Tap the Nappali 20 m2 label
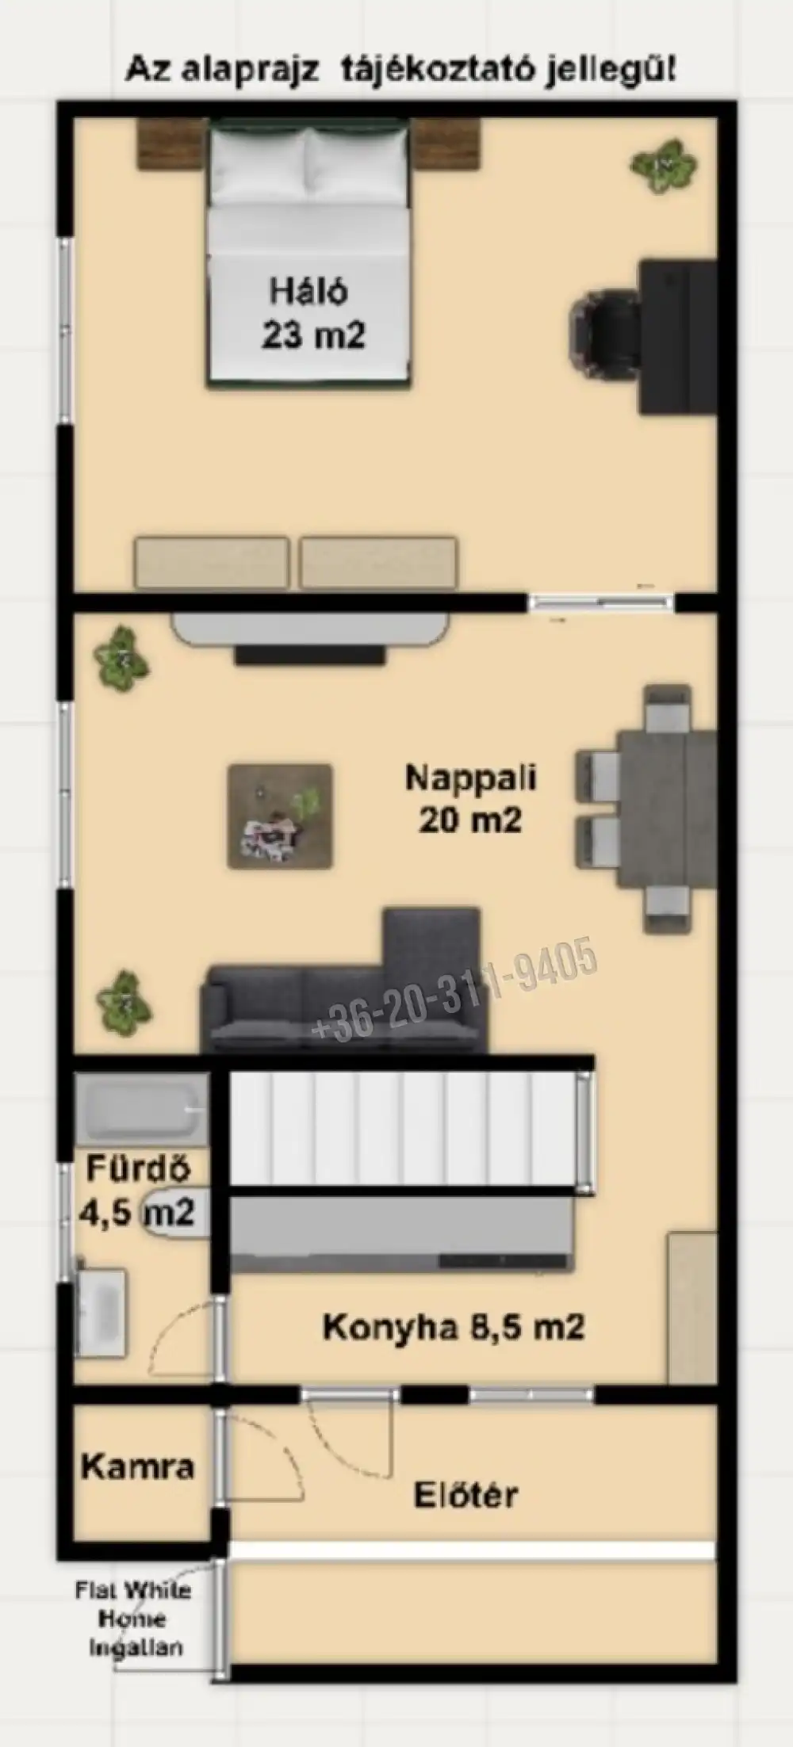pyautogui.click(x=471, y=798)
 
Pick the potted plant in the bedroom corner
pyautogui.click(x=665, y=166)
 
